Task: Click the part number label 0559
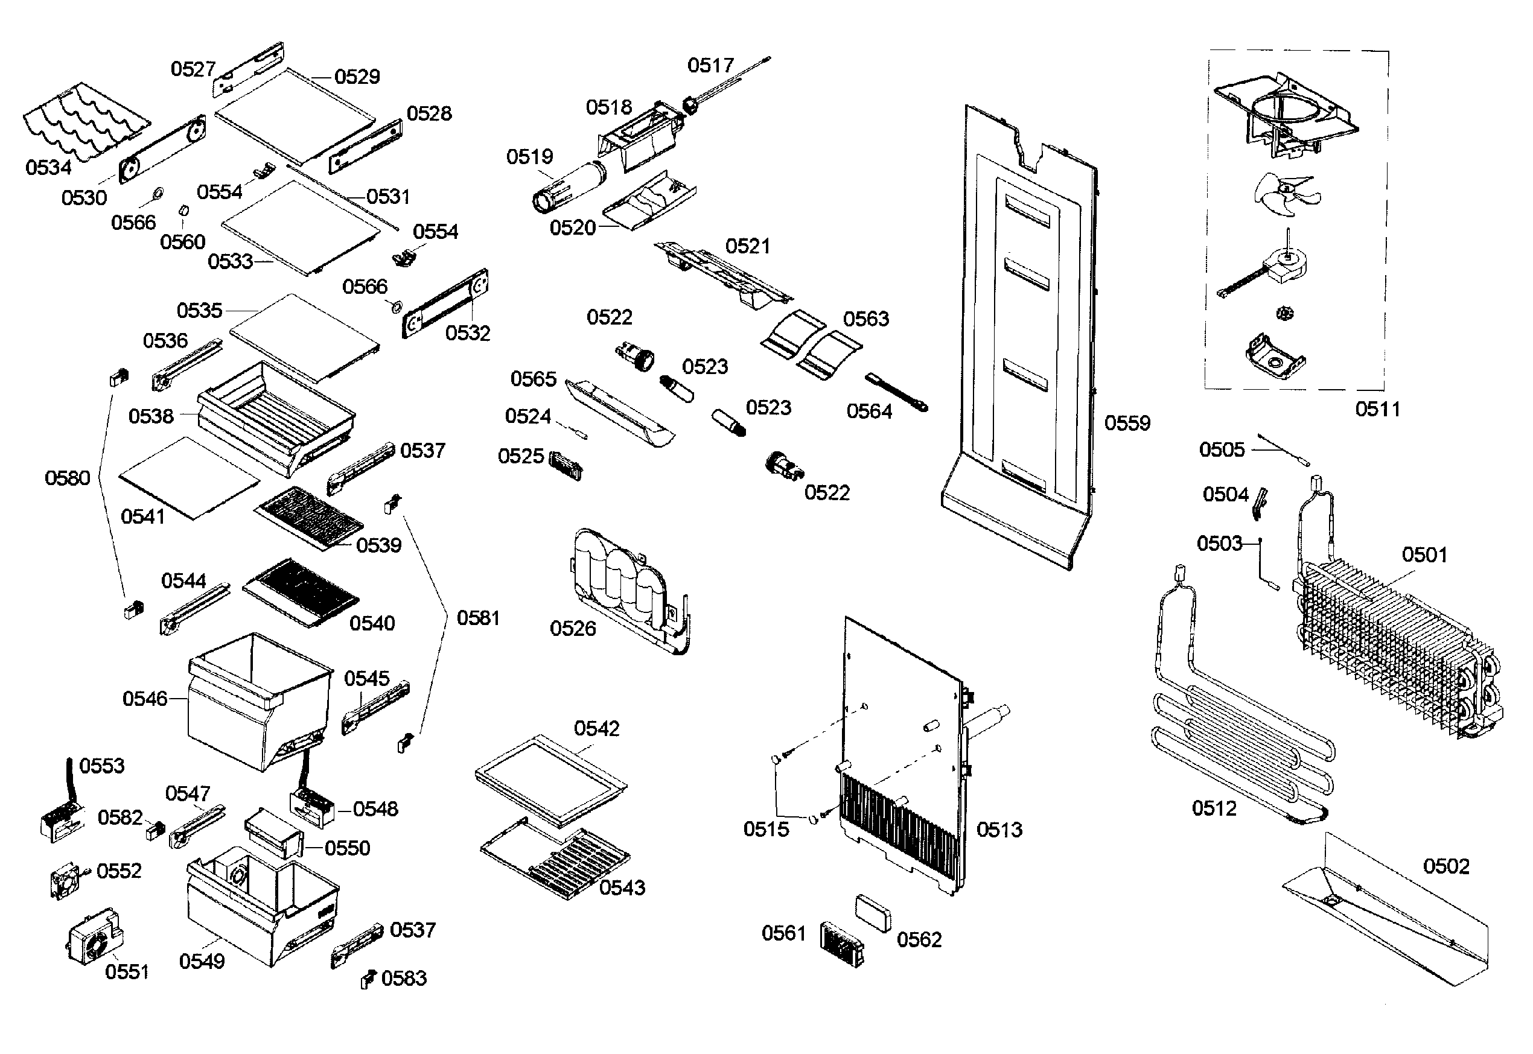click(1127, 424)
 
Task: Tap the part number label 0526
click(573, 629)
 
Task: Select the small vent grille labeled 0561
click(841, 944)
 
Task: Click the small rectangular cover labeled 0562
click(873, 912)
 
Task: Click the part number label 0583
click(404, 978)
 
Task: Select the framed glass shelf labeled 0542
click(550, 779)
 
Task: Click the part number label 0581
click(477, 618)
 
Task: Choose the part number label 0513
click(999, 830)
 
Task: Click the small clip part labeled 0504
click(1260, 503)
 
